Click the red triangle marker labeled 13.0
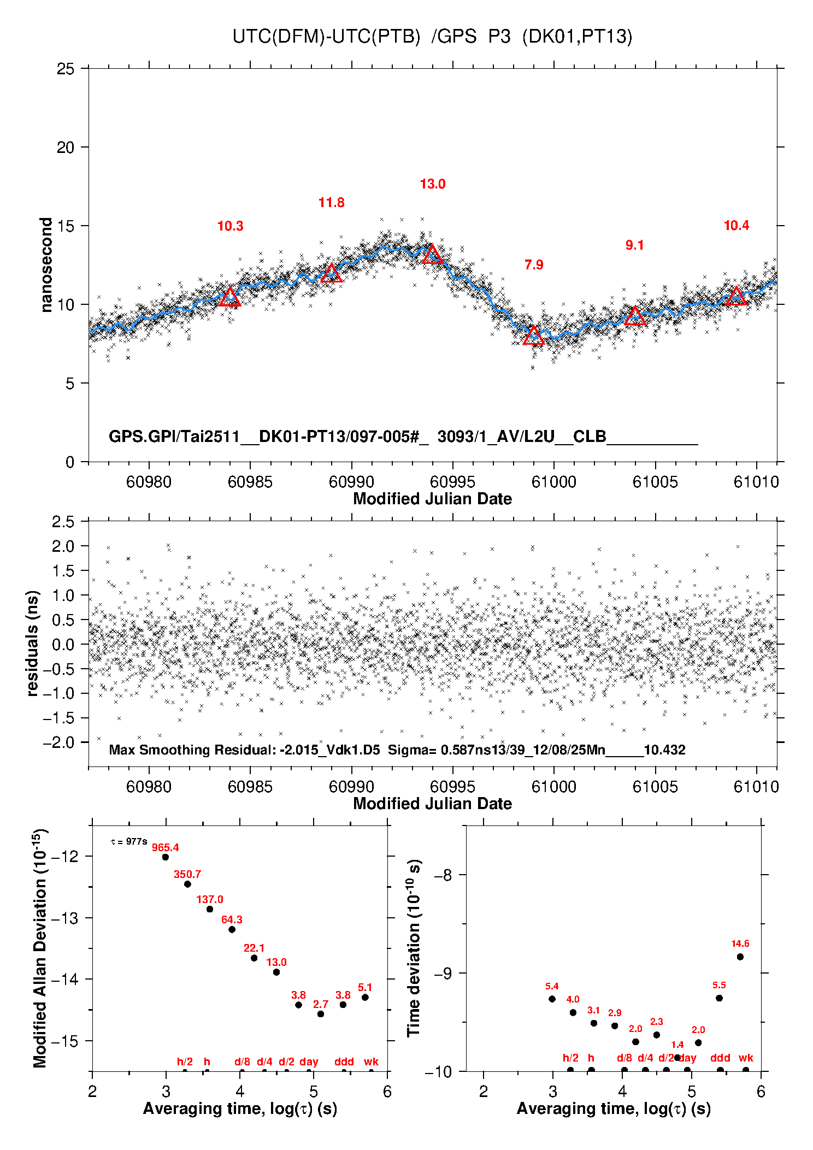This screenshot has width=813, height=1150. pyautogui.click(x=433, y=255)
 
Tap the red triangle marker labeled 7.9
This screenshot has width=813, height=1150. pyautogui.click(x=534, y=336)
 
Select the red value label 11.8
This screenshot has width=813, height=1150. pyautogui.click(x=331, y=203)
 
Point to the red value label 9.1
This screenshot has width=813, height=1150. pyautogui.click(x=634, y=245)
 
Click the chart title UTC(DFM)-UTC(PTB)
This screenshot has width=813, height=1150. pyautogui.click(x=326, y=36)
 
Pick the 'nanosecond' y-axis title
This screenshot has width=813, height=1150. pyautogui.click(x=46, y=265)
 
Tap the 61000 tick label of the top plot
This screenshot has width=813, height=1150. pyautogui.click(x=554, y=482)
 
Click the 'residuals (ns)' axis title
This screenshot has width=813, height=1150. pyautogui.click(x=33, y=643)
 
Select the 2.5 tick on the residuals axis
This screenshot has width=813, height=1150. pyautogui.click(x=63, y=522)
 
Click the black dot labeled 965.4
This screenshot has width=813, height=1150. pyautogui.click(x=166, y=857)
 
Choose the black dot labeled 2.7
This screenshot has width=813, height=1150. pyautogui.click(x=321, y=1014)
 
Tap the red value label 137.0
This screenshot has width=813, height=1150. pyautogui.click(x=210, y=899)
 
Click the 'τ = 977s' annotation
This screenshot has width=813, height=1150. pyautogui.click(x=129, y=841)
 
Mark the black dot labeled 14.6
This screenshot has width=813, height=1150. pyautogui.click(x=740, y=957)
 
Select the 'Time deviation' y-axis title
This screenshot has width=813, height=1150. pyautogui.click(x=414, y=948)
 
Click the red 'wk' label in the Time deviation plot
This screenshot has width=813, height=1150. pyautogui.click(x=746, y=1058)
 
